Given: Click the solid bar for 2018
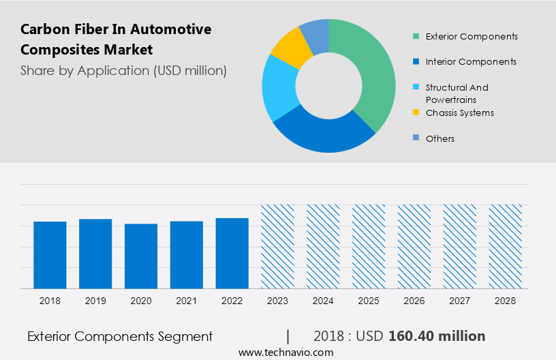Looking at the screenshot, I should tap(50, 255).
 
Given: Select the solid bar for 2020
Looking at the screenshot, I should tap(141, 256).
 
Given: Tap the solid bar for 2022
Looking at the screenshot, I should tap(232, 254).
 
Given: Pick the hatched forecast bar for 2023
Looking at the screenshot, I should tap(278, 246).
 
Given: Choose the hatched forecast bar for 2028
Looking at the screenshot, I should tap(506, 246).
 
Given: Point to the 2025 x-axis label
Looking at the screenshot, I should tap(369, 300).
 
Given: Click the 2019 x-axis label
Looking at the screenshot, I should tap(95, 300).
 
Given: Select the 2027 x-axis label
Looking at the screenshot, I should tap(460, 300).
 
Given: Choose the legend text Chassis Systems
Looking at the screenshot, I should tap(460, 112).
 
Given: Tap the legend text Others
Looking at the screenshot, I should tap(439, 138).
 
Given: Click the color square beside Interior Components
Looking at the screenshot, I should tap(416, 61).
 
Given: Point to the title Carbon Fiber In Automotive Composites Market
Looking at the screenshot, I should tap(116, 39).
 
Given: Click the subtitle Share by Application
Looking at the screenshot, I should tap(123, 70).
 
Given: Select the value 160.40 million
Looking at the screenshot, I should tap(437, 336).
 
